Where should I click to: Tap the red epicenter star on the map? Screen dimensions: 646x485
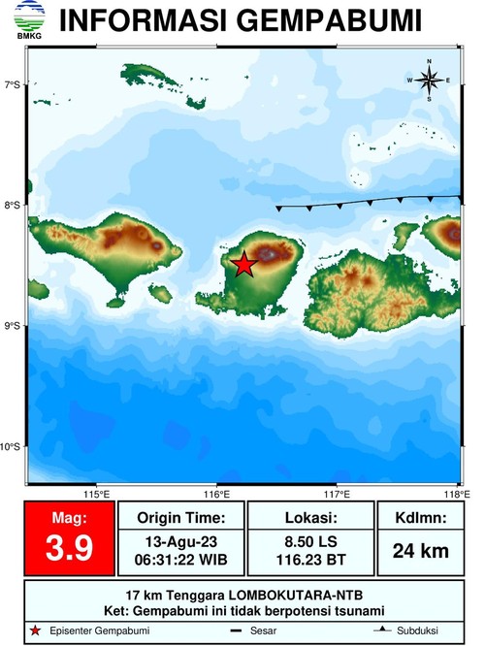tap(243, 264)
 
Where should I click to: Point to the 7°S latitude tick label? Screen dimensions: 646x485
tap(12, 85)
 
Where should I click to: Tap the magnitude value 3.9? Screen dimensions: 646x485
tap(68, 549)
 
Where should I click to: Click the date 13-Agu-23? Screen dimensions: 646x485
tap(181, 541)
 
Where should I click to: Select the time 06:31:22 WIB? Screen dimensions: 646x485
tap(181, 560)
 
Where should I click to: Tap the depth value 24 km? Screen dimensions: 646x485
tap(420, 551)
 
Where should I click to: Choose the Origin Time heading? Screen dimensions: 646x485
tap(181, 517)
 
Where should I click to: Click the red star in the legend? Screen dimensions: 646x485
tap(36, 632)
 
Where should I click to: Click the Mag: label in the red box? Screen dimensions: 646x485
tap(68, 519)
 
